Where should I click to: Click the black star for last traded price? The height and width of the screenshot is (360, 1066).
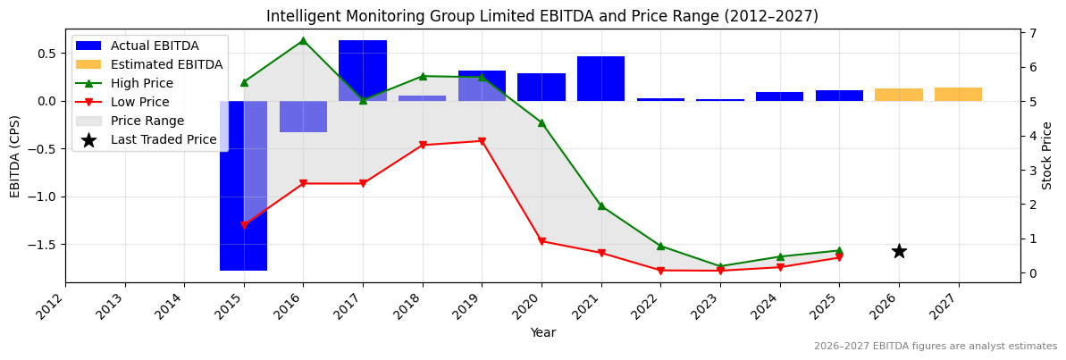899,251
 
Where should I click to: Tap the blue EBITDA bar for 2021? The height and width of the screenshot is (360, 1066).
600,79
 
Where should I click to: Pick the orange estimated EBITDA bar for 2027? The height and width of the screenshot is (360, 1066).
958,94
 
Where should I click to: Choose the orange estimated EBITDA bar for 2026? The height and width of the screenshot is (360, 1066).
899,95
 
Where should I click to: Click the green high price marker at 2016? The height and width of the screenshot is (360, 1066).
303,40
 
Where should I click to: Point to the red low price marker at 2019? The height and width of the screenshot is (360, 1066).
482,141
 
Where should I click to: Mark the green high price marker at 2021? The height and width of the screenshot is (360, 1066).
601,205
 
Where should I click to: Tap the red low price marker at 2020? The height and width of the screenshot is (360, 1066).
541,241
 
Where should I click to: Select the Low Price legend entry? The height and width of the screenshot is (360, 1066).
139,102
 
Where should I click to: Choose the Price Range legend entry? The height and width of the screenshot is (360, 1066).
147,121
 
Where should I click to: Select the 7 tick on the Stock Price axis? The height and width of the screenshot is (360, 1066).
1032,33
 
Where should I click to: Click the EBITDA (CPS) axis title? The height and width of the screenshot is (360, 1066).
15,155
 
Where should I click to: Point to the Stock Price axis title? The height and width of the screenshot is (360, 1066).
1047,155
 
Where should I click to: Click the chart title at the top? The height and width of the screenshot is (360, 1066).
542,16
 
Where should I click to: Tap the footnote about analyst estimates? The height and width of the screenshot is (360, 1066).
935,347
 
